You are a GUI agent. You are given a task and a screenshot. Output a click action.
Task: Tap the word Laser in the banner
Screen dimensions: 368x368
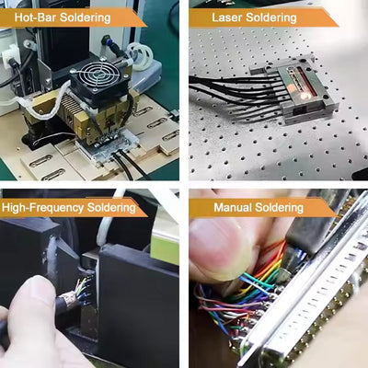tap(229, 17)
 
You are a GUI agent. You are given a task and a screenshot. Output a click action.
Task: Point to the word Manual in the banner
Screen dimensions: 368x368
tap(235, 208)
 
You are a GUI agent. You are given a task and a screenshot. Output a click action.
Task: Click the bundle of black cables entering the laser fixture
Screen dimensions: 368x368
tap(230, 92)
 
